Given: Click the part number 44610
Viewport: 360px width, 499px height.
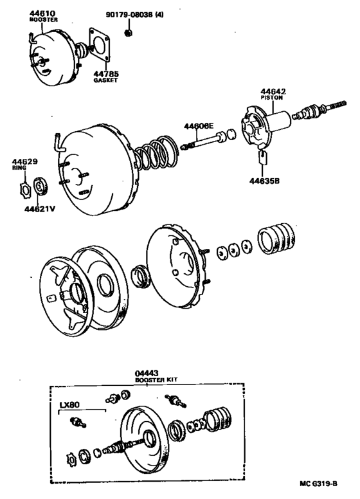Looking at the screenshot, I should click(43, 13).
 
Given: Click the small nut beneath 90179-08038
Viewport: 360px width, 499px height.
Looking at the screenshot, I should click(129, 30).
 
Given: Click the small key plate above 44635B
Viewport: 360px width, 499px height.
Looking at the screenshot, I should click(262, 158).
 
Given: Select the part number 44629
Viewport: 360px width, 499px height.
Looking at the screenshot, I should click(22, 161).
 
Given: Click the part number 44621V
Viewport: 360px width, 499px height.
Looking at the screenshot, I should click(39, 208).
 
